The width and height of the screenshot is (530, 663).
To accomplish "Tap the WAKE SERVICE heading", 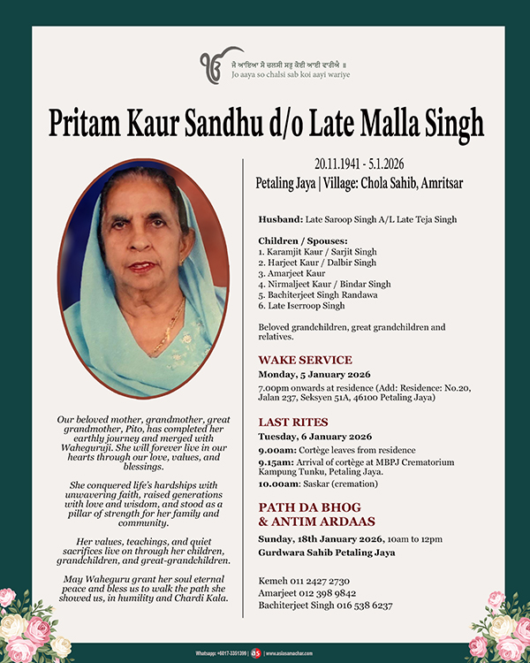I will pyautogui.click(x=305, y=360).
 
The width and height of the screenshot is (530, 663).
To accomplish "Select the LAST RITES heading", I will pyautogui.click(x=293, y=423).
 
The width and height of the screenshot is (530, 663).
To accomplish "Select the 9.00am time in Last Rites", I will pyautogui.click(x=276, y=449).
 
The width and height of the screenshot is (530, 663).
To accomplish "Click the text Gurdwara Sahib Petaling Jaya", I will pyautogui.click(x=327, y=552).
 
